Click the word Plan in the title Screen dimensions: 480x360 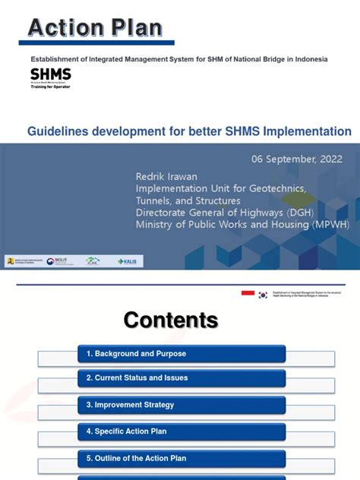pos(134,28)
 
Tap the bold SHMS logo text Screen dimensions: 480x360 pos(51,74)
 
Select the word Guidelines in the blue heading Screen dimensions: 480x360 pos(58,131)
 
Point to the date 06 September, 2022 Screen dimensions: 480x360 pos(297,159)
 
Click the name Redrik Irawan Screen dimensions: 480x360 pos(166,177)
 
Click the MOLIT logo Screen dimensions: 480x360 pos(57,261)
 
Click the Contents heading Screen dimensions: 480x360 pos(171,320)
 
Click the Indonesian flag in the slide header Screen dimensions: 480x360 pos(248,293)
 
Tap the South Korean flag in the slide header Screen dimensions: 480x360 pos(263,295)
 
